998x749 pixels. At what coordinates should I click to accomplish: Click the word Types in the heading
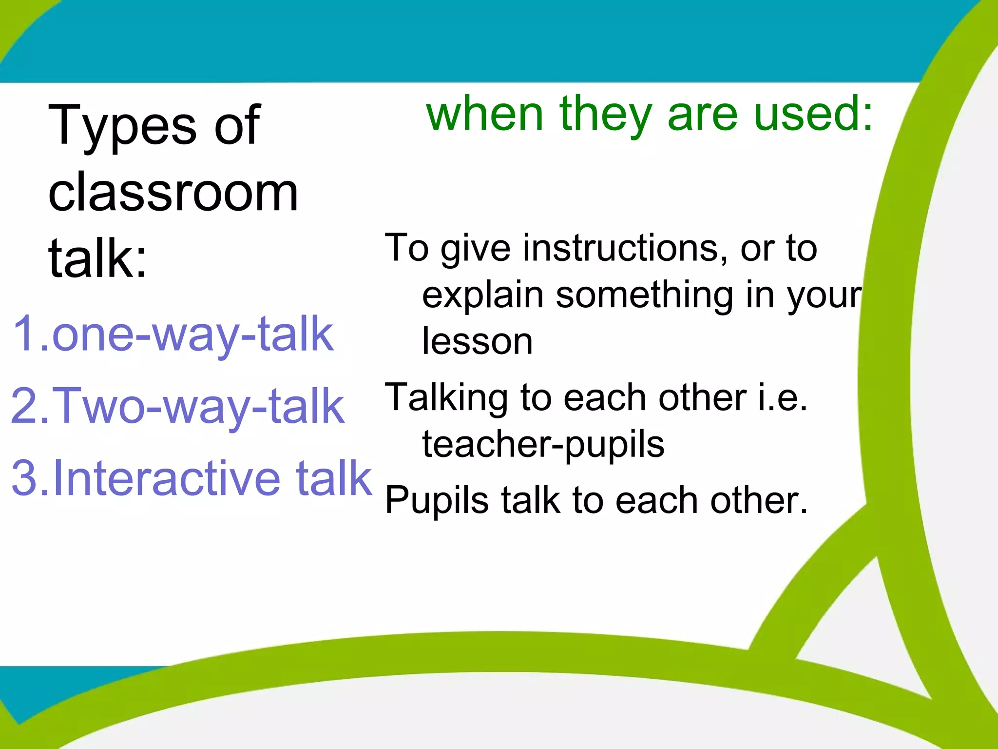click(x=122, y=126)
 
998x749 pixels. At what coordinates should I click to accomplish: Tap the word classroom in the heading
click(x=173, y=193)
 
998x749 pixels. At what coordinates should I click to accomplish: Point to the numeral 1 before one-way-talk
click(x=24, y=334)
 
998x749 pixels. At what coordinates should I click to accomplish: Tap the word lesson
click(x=477, y=341)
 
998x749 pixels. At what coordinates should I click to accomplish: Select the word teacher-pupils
click(x=543, y=445)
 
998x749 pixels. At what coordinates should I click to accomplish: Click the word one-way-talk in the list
click(x=192, y=334)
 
